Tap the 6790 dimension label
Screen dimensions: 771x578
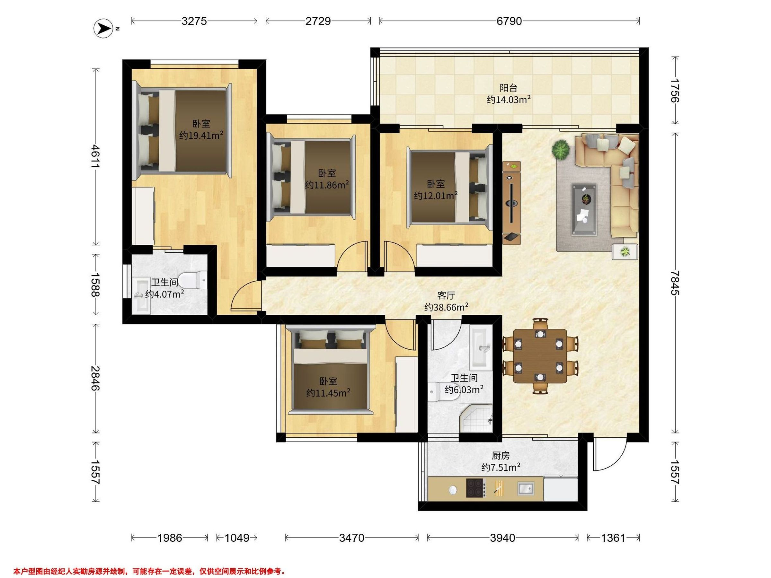click(509, 21)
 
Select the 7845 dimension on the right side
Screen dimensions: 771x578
click(675, 283)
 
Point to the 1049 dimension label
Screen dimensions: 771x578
click(237, 538)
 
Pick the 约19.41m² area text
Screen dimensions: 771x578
click(201, 135)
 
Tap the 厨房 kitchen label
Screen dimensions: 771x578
click(501, 455)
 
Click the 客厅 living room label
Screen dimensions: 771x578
click(446, 295)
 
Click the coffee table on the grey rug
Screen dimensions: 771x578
click(584, 209)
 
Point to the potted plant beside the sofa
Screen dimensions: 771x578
click(561, 150)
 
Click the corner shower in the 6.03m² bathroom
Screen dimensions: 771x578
click(477, 419)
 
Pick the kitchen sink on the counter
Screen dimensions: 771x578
click(525, 488)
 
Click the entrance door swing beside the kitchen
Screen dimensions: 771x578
click(610, 454)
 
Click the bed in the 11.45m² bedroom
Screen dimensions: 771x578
click(330, 370)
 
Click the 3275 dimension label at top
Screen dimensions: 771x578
click(194, 21)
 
